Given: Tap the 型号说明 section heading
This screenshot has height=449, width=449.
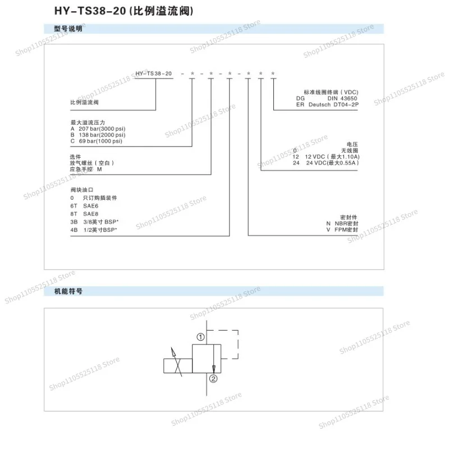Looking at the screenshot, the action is coord(68,29).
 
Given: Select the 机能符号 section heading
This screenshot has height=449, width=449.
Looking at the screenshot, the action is coord(68,291).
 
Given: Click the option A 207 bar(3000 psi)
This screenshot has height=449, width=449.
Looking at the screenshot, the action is coord(98,129).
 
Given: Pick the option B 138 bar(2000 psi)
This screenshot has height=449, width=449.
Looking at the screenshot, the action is coord(98,135).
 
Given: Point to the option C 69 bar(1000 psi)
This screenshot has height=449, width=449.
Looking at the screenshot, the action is coord(96,141).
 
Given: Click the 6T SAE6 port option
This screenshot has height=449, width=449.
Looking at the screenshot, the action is coord(84,206).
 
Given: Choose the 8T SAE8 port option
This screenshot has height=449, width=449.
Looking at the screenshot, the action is coord(84,214).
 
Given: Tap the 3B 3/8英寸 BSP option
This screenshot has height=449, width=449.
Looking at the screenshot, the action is coord(94,222).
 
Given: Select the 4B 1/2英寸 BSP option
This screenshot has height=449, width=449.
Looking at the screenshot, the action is coord(94,230).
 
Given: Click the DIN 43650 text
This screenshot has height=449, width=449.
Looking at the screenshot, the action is coord(342,98).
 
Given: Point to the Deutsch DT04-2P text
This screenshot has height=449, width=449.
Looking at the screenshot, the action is coord(333,104).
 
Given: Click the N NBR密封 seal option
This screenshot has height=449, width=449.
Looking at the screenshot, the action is coord(342,223).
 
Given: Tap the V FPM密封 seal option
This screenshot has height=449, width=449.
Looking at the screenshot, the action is coord(342,230).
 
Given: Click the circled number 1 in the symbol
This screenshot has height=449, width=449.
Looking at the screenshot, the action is coord(201,337).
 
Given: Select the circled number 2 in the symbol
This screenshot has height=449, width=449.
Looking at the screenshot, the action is coord(213,379).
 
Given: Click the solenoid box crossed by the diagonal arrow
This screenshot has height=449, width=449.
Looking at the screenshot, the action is coord(178,366).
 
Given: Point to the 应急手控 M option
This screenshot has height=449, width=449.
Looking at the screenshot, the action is coord(86,169).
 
